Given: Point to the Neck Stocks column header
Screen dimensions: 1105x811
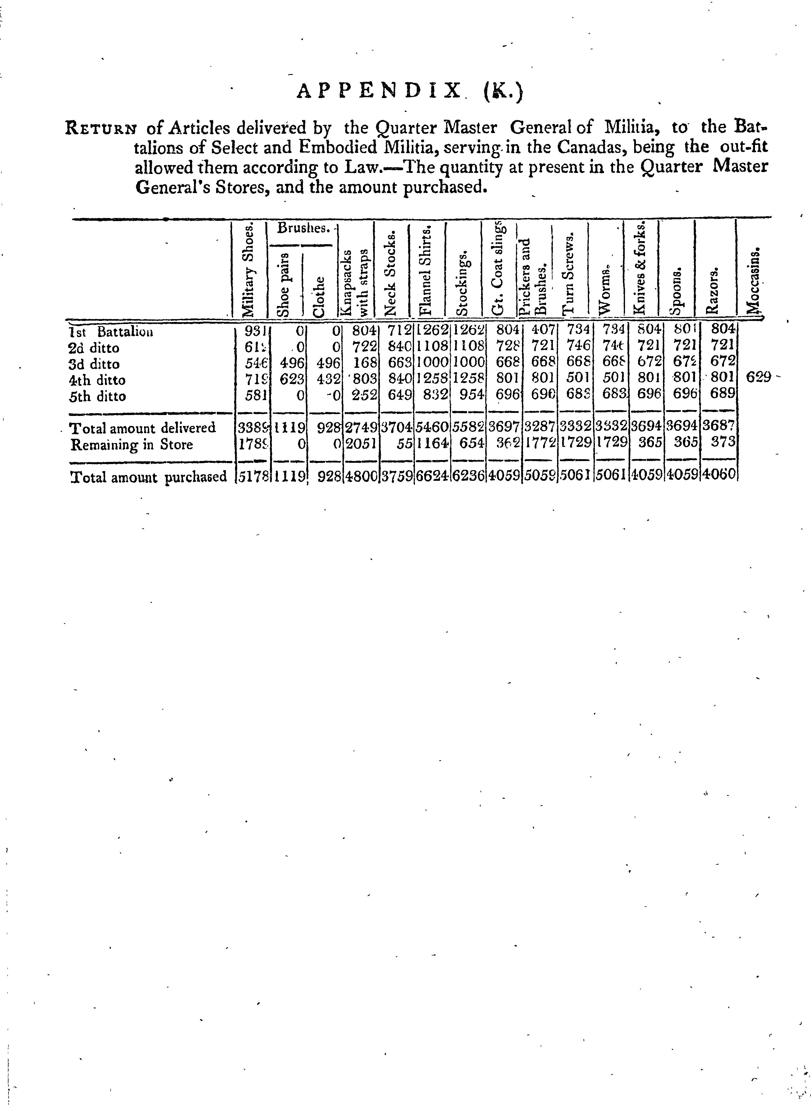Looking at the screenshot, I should coord(391,275).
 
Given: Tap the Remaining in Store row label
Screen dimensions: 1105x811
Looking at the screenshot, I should coord(132,445).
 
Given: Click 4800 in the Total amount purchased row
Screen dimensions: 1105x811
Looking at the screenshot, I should coord(360,477).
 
